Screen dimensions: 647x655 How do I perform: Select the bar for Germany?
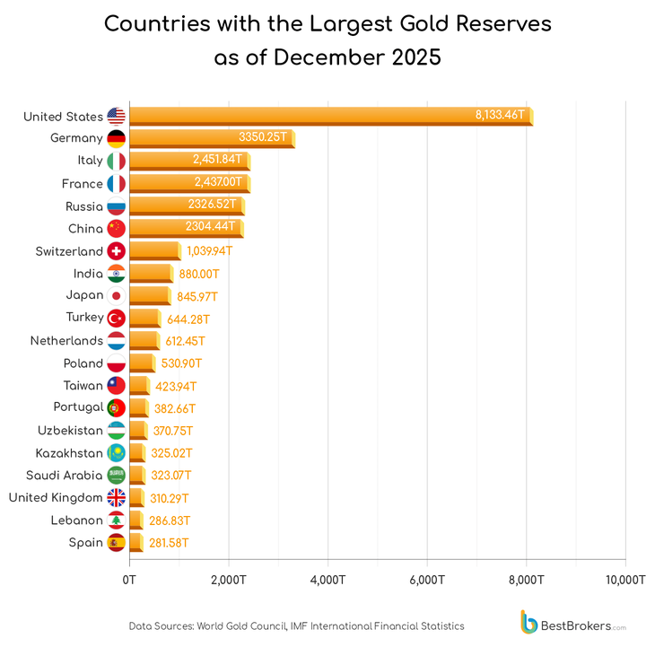pyautogui.click(x=211, y=138)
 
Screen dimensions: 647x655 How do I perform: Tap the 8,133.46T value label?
pyautogui.click(x=500, y=116)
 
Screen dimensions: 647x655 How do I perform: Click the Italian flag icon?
pyautogui.click(x=116, y=161)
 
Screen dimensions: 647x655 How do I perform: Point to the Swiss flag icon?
pyautogui.click(x=116, y=251)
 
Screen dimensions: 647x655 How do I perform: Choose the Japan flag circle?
pyautogui.click(x=116, y=296)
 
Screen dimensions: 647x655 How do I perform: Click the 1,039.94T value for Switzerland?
pyautogui.click(x=209, y=251)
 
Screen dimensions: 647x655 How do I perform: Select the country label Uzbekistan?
pyautogui.click(x=70, y=431)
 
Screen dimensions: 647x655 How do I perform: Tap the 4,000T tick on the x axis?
pyautogui.click(x=327, y=581)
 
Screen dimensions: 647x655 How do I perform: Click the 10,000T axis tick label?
pyautogui.click(x=624, y=581)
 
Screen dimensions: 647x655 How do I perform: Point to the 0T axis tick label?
pyautogui.click(x=130, y=581)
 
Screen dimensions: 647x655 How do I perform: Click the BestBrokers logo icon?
pyautogui.click(x=529, y=622)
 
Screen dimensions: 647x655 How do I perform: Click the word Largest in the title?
pyautogui.click(x=353, y=23)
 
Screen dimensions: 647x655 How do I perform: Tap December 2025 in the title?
pyautogui.click(x=357, y=57)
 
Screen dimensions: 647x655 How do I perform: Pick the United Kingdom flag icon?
pyautogui.click(x=116, y=498)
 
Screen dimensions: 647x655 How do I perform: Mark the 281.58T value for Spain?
pyautogui.click(x=169, y=543)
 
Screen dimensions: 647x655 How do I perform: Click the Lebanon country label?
pyautogui.click(x=76, y=520)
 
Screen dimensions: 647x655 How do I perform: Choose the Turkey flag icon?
pyautogui.click(x=116, y=319)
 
